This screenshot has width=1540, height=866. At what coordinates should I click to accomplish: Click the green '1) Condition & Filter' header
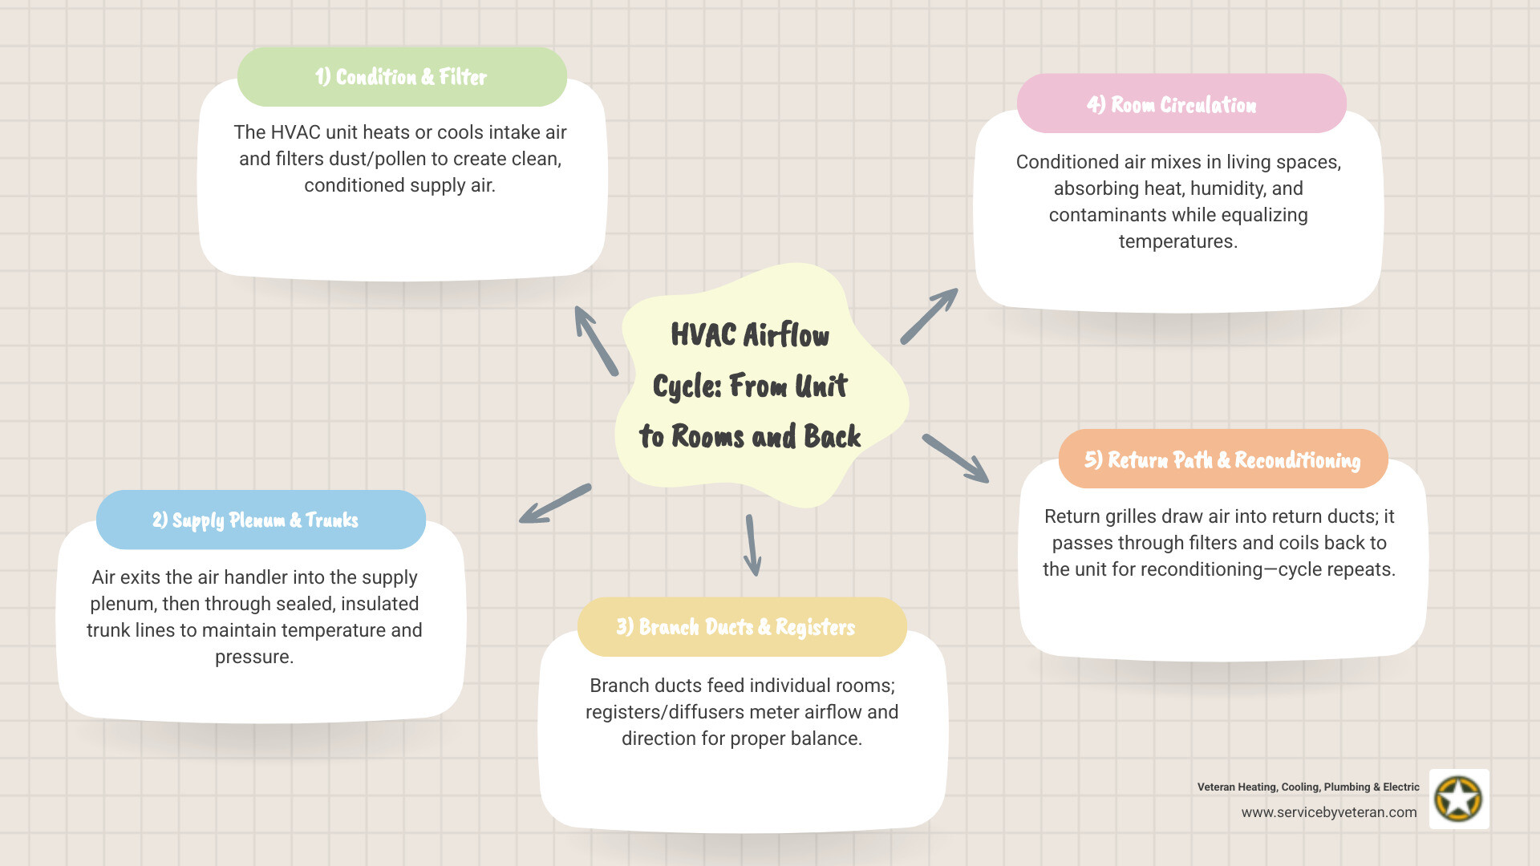(x=401, y=77)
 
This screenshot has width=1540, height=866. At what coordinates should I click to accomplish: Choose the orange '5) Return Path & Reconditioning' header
(x=1222, y=459)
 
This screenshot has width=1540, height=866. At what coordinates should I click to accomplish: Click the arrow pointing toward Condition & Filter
(x=595, y=340)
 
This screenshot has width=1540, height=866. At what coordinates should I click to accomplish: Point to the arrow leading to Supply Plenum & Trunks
(x=555, y=504)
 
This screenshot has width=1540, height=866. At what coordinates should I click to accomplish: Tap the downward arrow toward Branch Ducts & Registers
(x=752, y=545)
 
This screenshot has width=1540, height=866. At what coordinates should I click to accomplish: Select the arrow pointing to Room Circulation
(x=930, y=316)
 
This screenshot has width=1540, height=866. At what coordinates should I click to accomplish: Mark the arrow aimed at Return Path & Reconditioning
(x=955, y=459)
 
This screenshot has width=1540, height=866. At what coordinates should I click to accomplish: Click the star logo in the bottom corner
(x=1459, y=799)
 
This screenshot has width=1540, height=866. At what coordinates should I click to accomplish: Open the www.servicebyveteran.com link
(x=1329, y=812)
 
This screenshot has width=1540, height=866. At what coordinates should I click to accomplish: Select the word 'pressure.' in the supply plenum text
(x=254, y=657)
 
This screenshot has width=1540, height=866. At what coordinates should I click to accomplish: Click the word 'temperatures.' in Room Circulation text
(x=1178, y=241)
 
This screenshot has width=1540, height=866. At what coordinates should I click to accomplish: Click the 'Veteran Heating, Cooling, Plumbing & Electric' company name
(x=1308, y=787)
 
